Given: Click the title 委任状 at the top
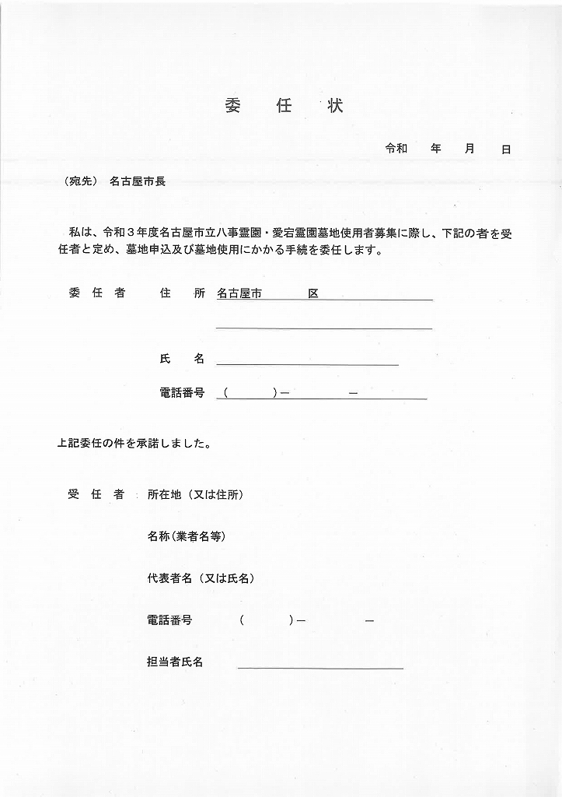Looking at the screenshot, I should [x=283, y=107].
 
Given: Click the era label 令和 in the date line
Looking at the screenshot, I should [x=396, y=149].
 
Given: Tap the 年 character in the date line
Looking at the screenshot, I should [x=436, y=149].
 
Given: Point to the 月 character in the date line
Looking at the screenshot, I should [x=469, y=149].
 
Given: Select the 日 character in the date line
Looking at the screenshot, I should [x=506, y=149].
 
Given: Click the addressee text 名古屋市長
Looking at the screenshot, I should [x=138, y=181].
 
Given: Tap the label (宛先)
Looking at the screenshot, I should [x=81, y=181].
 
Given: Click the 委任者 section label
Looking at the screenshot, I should [x=96, y=293].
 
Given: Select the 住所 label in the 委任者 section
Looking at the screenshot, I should [x=182, y=293].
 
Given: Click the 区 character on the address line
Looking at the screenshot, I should [x=313, y=293].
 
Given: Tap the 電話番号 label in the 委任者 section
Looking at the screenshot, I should [x=182, y=393].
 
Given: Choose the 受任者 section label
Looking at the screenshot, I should [x=96, y=494].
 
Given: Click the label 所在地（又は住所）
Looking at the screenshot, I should [x=194, y=494].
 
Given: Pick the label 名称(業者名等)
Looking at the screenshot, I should [x=187, y=536].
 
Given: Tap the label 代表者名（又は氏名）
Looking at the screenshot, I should [x=201, y=578].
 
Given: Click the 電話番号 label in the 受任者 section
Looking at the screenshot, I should [x=169, y=620].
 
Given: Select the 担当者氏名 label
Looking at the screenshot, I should [x=175, y=662].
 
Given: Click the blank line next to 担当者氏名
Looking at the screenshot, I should [x=320, y=666].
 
